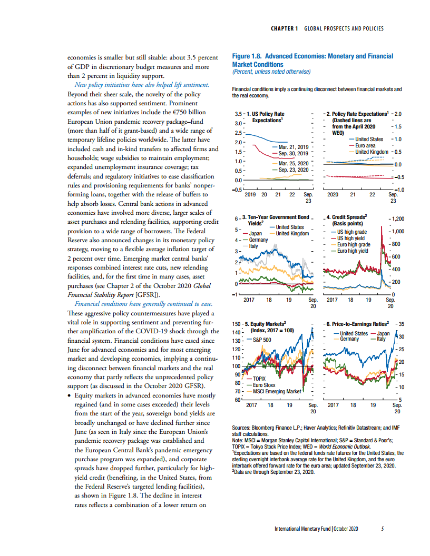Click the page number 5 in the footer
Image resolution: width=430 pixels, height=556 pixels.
[383, 528]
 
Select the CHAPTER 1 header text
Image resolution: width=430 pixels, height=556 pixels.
[286, 28]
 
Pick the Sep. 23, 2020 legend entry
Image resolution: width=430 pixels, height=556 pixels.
[294, 170]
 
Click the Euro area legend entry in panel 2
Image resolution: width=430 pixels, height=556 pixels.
[365, 146]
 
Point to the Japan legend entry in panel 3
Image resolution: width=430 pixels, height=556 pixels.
[256, 233]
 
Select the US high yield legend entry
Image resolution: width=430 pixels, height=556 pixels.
[351, 238]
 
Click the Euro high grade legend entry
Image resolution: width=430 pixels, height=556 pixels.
[354, 244]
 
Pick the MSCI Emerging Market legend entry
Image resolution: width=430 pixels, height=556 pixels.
[277, 391]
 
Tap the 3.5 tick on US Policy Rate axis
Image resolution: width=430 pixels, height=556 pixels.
[238, 114]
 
